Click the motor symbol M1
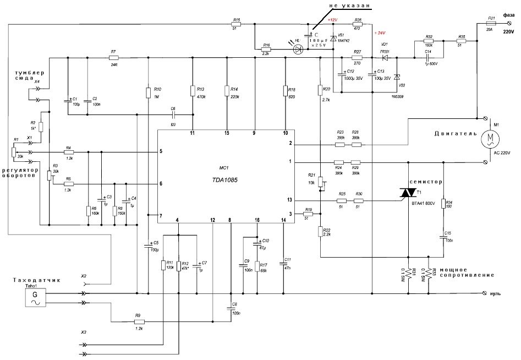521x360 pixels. pos(487,139)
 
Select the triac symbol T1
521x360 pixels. pos(408,193)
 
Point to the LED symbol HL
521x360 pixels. pos(299,49)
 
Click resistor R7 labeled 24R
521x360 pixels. pos(114,57)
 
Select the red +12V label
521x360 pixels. pos(332,19)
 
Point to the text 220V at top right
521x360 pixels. pos(509,32)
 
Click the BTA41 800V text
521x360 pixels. pos(423,204)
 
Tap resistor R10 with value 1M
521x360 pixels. pos(149,92)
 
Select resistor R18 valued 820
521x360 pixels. pos(285,92)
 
